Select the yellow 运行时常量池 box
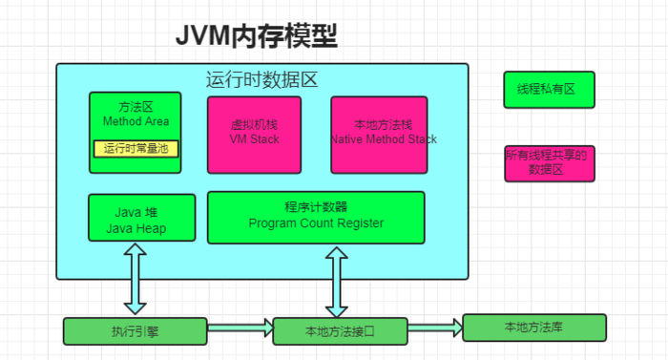tap(136, 148)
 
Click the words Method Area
tap(135, 122)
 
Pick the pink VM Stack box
tap(255, 135)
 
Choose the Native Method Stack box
tap(379, 135)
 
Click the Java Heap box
tap(141, 217)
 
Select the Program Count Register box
tap(315, 217)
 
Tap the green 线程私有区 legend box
tap(549, 90)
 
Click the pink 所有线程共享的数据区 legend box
tap(549, 163)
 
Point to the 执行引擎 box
tap(135, 331)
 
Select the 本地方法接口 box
tap(340, 331)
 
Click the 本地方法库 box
tap(533, 328)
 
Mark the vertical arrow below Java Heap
tap(135, 278)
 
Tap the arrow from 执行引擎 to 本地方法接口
tap(240, 329)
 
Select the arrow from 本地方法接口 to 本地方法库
tap(434, 328)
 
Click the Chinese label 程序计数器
tap(316, 207)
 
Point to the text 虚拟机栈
tap(254, 124)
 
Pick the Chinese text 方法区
tap(135, 108)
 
